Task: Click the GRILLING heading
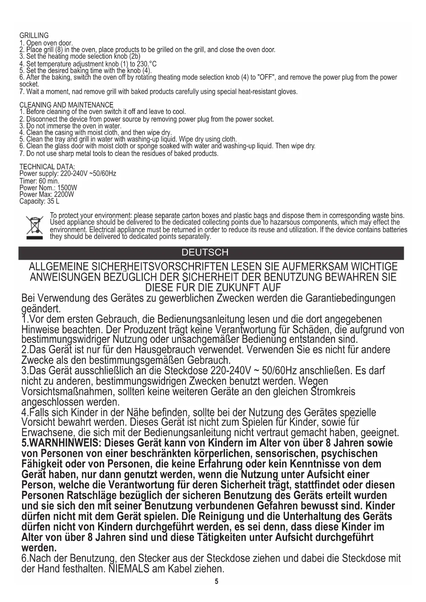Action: coord(34,35)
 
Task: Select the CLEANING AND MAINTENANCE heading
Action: coord(66,105)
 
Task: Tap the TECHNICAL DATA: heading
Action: coord(47,167)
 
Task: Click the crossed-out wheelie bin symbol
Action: coord(34,227)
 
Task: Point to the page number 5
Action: coord(216,581)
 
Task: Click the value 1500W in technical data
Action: coord(67,188)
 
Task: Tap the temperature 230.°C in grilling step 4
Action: coord(147,64)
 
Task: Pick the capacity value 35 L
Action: coord(53,201)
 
